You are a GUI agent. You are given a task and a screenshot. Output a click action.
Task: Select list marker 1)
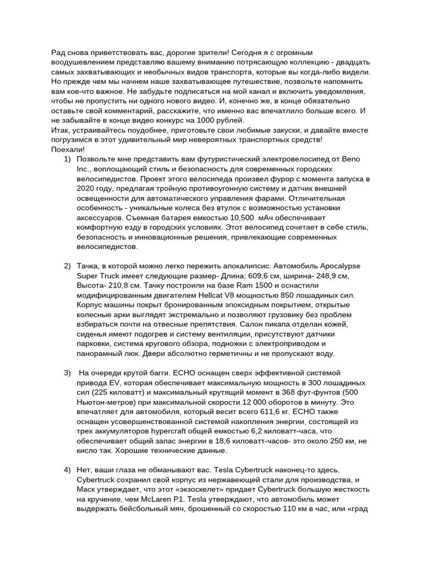[67, 159]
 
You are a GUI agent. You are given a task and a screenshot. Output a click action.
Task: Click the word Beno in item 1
[351, 159]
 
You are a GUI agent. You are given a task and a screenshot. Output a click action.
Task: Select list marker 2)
[67, 266]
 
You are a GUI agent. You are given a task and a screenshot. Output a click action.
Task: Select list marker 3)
[67, 373]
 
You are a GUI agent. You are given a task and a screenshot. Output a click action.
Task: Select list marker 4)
[67, 469]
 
